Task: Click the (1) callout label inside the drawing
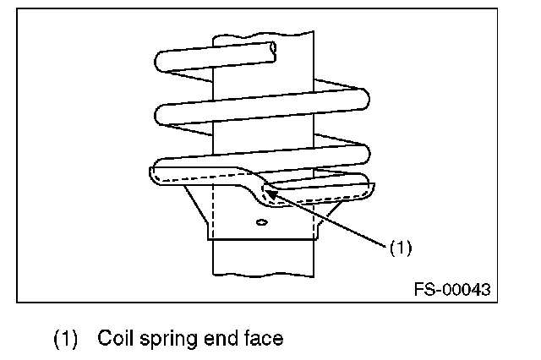(x=400, y=248)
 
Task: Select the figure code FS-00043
(x=451, y=289)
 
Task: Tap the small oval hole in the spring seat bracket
(x=261, y=223)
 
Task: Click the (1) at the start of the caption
(x=67, y=340)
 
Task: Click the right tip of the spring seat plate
(x=369, y=189)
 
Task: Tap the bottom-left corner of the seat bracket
(x=209, y=240)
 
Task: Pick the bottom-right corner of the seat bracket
(x=318, y=240)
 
